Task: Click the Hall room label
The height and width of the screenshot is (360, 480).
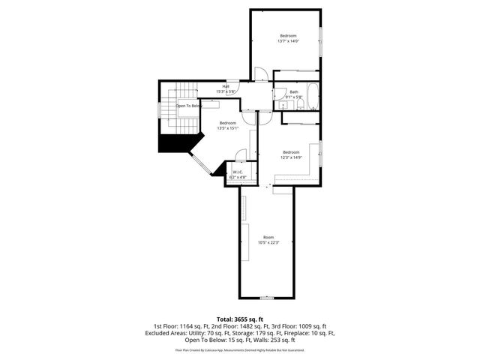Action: pos(225,86)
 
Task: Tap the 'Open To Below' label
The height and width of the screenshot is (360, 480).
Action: pos(189,106)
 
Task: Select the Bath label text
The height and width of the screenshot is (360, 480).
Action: pos(294,91)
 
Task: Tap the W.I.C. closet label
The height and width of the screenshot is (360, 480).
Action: pos(238,172)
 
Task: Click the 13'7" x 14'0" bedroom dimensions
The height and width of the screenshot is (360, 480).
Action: pos(288,41)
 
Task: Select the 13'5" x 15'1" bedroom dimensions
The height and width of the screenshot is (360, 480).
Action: pos(227,128)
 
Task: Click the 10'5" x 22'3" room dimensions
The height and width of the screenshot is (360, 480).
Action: pos(268,242)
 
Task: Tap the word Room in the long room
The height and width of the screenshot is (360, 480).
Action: pos(268,237)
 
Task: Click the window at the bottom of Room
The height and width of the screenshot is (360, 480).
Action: pos(268,298)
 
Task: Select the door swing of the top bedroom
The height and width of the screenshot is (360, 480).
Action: pos(260,74)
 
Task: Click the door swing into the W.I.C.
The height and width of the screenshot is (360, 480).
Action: pos(240,155)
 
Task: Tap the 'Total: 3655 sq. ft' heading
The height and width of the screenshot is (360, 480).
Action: pos(240,319)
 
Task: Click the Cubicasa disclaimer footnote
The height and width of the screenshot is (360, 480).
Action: pos(240,349)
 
